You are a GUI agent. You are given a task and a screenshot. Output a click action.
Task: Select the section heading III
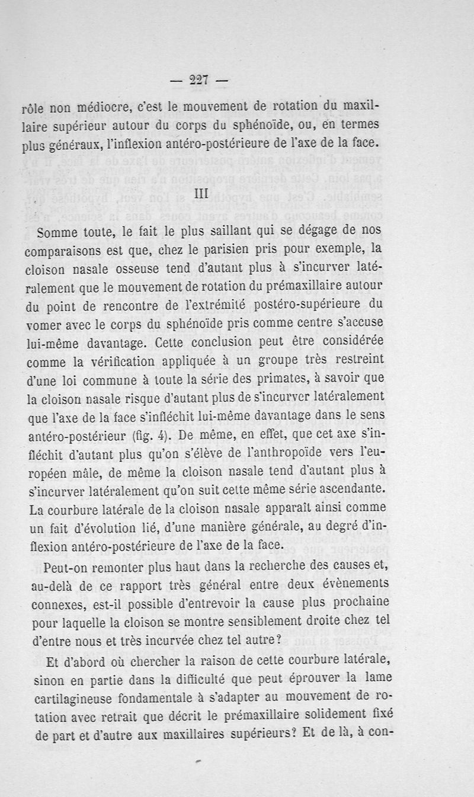tap(203, 194)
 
